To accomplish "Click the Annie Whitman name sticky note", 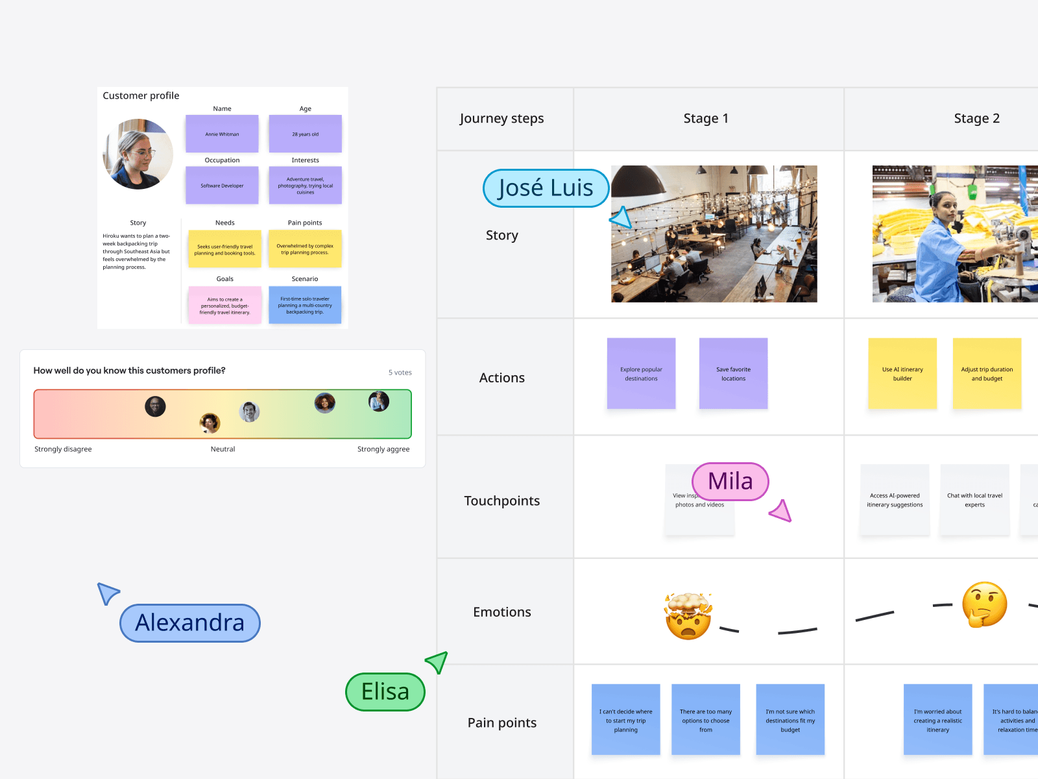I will coord(222,134).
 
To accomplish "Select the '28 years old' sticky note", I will coord(305,134).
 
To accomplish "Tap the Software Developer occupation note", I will coord(222,186).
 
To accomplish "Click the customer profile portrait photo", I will coord(138,155).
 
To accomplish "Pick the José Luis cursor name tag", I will coord(546,188).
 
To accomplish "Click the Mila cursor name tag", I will coord(730,482).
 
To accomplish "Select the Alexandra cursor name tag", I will coord(190,623).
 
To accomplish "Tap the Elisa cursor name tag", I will coord(385,692).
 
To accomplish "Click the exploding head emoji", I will coord(688,616).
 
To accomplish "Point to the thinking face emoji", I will coord(984,604).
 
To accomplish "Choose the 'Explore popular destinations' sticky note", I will coord(641,373).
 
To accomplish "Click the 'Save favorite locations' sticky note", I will coord(733,373).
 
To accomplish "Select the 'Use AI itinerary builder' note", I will coord(902,373).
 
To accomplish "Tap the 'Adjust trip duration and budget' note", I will coord(987,373).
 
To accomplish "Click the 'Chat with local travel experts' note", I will coord(974,500).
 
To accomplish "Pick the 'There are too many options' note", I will coord(706,719).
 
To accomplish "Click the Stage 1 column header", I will coord(706,119).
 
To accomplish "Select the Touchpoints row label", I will coord(502,501).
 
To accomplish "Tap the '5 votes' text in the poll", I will coord(400,373).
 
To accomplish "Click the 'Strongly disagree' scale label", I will coord(63,449).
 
